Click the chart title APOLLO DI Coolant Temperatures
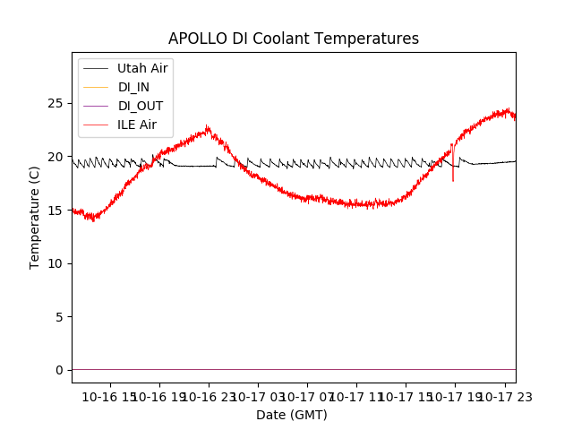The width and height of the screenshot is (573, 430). [x=294, y=39]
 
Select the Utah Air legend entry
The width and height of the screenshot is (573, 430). [x=142, y=68]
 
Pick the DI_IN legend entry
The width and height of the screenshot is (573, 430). [x=133, y=87]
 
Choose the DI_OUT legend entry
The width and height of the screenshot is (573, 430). [x=141, y=106]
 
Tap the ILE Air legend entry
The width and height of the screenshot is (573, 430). [x=137, y=125]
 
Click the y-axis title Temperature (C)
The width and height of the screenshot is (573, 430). [x=35, y=217]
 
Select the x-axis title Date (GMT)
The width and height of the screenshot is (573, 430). [x=292, y=415]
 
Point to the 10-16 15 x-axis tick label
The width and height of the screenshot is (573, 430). [x=109, y=397]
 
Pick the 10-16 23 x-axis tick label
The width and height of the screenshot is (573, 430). [x=208, y=397]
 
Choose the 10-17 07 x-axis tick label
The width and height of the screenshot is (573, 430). [x=307, y=397]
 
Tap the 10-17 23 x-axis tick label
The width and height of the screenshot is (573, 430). [x=504, y=397]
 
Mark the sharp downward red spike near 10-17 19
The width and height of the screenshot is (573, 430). [x=452, y=178]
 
